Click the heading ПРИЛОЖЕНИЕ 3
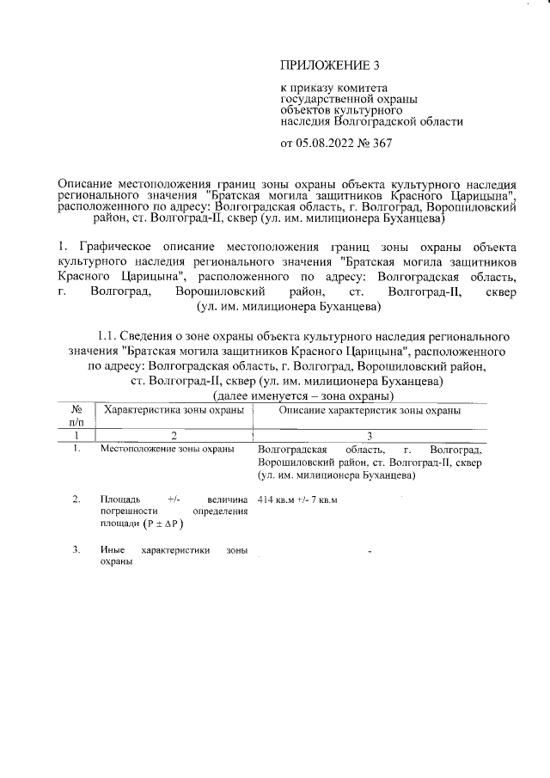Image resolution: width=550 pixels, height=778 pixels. (329, 65)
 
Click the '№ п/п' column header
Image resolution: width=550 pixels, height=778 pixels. (76, 417)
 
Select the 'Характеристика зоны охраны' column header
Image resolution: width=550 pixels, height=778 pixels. (174, 411)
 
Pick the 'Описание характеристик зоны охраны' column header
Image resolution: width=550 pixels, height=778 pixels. (370, 411)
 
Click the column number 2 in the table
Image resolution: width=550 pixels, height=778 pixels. (174, 436)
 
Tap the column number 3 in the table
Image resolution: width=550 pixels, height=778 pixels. (370, 436)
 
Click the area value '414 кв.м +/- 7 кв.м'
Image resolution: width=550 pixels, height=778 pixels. (297, 500)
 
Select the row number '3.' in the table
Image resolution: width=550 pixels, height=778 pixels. (76, 548)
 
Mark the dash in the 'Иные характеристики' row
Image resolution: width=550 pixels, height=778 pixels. (369, 551)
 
